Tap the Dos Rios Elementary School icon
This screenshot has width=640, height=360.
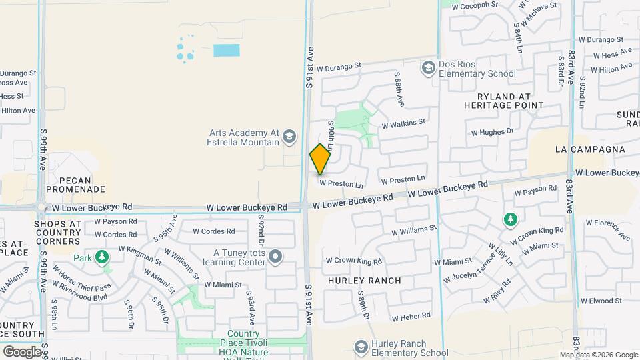tap(427, 67)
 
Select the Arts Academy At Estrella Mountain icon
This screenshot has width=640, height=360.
tap(289, 137)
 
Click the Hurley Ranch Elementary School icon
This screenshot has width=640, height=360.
tap(361, 347)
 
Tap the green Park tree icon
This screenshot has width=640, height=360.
tap(102, 257)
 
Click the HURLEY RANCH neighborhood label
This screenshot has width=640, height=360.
tap(365, 281)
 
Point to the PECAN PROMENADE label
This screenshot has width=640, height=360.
tap(75, 185)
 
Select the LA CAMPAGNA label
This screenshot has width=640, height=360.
tap(590, 149)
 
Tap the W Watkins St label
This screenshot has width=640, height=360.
tap(403, 123)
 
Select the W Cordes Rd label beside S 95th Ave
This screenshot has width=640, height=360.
tap(213, 231)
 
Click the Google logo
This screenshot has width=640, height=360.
tap(23, 351)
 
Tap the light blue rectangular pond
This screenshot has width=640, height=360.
tap(226, 49)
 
